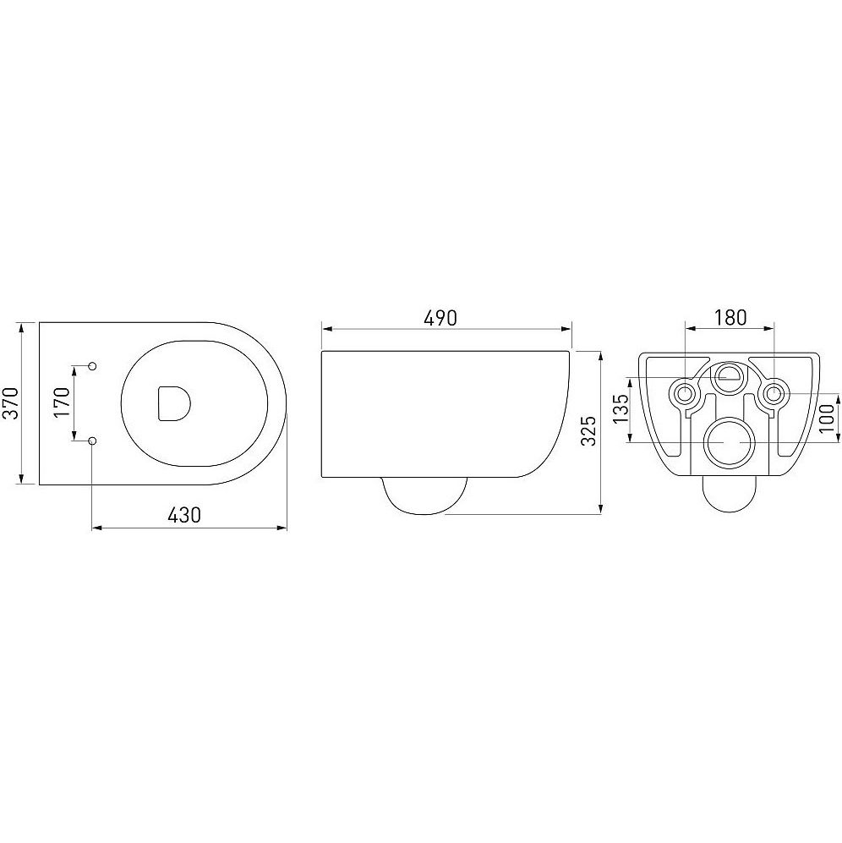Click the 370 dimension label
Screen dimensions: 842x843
click(x=12, y=403)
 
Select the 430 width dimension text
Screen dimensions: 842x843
click(x=184, y=515)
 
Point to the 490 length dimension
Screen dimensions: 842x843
click(x=440, y=318)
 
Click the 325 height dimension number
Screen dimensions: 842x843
click(x=589, y=430)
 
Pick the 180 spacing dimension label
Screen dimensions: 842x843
click(x=730, y=318)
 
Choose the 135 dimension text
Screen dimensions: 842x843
click(x=620, y=408)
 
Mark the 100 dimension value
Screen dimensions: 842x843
click(x=828, y=418)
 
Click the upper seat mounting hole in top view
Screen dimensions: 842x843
click(x=92, y=366)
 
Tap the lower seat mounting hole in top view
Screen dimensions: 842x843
click(x=92, y=441)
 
